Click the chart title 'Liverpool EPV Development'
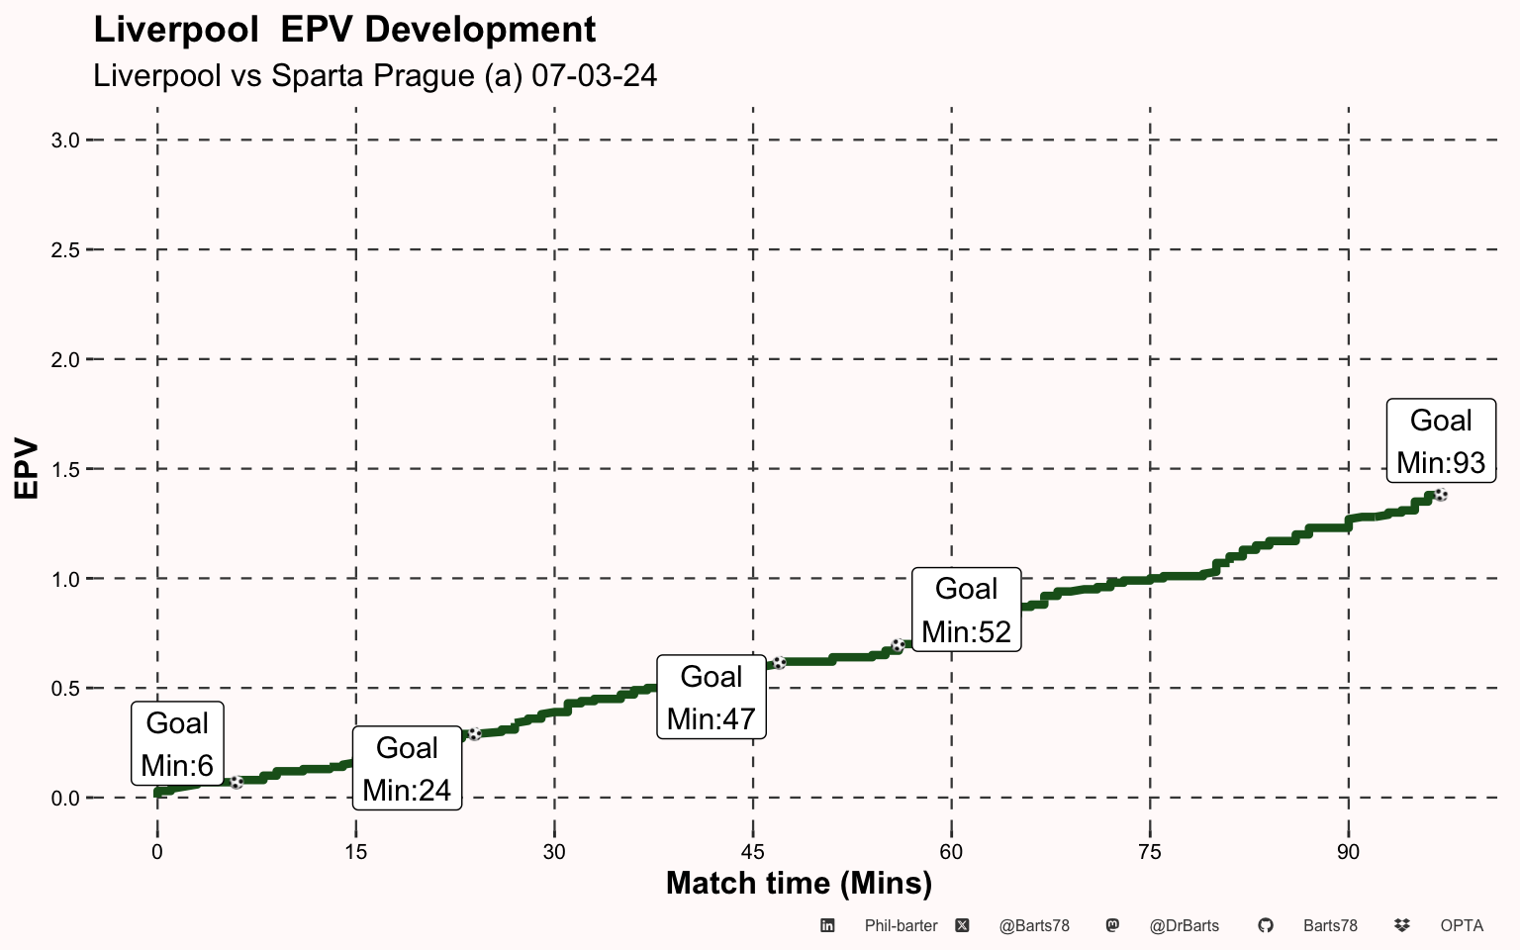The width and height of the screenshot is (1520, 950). coord(344,31)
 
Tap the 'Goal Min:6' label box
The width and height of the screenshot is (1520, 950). coord(177,744)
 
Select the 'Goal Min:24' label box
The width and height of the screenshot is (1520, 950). coord(407,768)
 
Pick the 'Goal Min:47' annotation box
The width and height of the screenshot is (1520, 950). coord(712,697)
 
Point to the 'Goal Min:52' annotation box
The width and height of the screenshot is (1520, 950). coord(966,610)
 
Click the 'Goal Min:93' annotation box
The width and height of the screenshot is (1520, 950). coord(1441,440)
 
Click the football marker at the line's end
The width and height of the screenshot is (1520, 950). coord(1441,496)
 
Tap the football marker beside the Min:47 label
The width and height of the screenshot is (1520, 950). coord(779,663)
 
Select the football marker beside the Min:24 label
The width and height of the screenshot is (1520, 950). coord(475,733)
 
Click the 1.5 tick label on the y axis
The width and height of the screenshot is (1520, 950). coord(65,470)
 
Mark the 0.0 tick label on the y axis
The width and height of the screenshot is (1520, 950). coord(65,799)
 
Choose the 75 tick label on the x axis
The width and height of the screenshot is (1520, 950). coord(1150,852)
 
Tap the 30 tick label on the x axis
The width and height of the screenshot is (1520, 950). coord(554,852)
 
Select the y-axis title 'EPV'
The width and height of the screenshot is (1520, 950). coord(26,469)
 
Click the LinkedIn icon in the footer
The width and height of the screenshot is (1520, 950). coord(827,925)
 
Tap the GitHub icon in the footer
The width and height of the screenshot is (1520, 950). coord(1266,925)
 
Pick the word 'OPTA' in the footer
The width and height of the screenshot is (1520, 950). coord(1462,925)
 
